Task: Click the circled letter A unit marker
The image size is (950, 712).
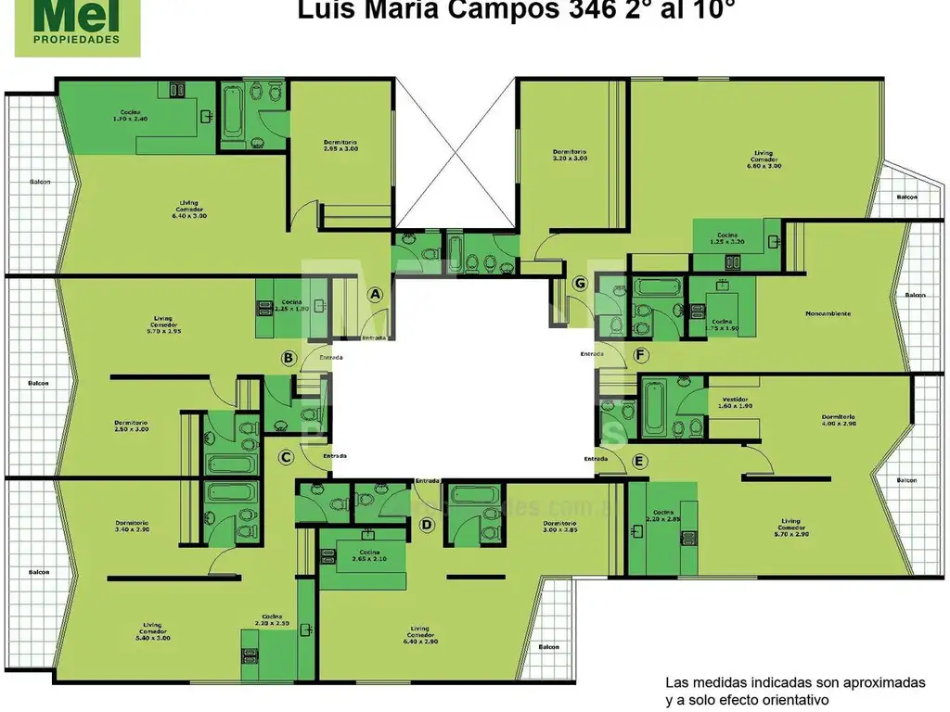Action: pos(376,294)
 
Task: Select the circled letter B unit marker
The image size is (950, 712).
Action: pos(289,357)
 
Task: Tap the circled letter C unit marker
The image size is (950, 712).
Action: pos(287,456)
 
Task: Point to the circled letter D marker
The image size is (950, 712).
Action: pos(427,526)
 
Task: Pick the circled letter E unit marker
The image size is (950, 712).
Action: pos(638,461)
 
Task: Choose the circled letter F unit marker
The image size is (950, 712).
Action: pos(640,355)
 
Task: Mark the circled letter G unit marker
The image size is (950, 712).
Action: pos(582,283)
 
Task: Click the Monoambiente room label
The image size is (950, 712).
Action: pos(828,313)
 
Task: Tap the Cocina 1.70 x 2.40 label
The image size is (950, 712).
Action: pos(131,116)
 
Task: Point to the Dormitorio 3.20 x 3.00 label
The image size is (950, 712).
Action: pos(570,155)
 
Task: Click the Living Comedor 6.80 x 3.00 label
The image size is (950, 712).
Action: pos(764,159)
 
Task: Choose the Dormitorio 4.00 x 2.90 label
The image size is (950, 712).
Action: pos(838,420)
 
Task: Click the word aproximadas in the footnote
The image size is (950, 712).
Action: pos(887,683)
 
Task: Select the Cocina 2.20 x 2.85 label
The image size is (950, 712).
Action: pos(665,515)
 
